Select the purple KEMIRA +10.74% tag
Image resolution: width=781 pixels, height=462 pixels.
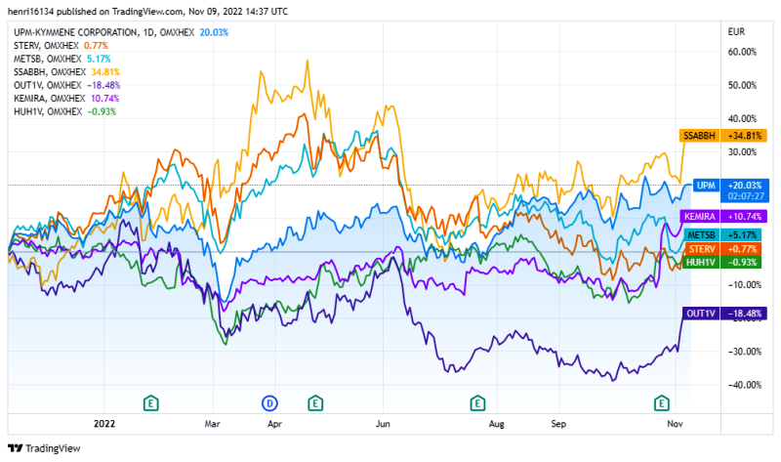[x=722, y=216]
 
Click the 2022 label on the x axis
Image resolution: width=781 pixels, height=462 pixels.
[x=103, y=425]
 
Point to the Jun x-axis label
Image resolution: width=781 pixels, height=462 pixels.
[x=384, y=425]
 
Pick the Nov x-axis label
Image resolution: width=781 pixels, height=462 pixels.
[x=675, y=425]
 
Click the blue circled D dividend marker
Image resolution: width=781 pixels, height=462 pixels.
[x=270, y=402]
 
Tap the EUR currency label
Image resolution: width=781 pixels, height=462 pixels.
[x=737, y=31]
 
